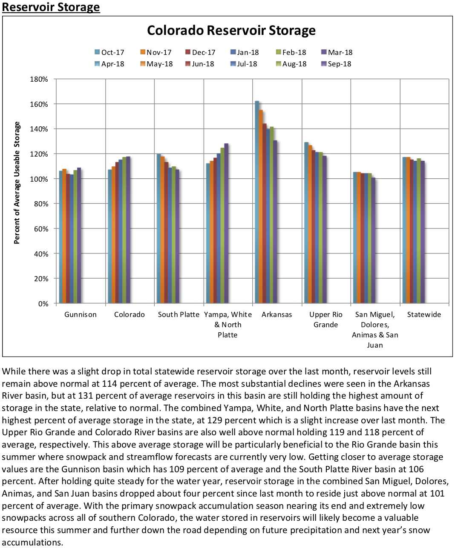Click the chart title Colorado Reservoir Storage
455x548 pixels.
[231, 31]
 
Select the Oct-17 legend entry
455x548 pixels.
[109, 52]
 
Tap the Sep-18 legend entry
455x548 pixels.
[336, 64]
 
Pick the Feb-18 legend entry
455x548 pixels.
[291, 52]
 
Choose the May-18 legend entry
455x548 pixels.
[156, 64]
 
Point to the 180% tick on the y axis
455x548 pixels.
[39, 79]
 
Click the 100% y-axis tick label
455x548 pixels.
[39, 179]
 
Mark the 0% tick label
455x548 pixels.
[43, 304]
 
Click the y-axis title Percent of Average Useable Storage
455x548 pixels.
[17, 183]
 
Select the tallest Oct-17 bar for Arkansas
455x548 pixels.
[257, 202]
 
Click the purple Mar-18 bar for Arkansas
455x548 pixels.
[275, 221]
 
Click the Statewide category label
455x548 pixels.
[424, 314]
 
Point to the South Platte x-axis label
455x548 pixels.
[179, 314]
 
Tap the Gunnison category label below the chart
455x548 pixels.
[81, 314]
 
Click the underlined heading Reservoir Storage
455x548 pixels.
[51, 7]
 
